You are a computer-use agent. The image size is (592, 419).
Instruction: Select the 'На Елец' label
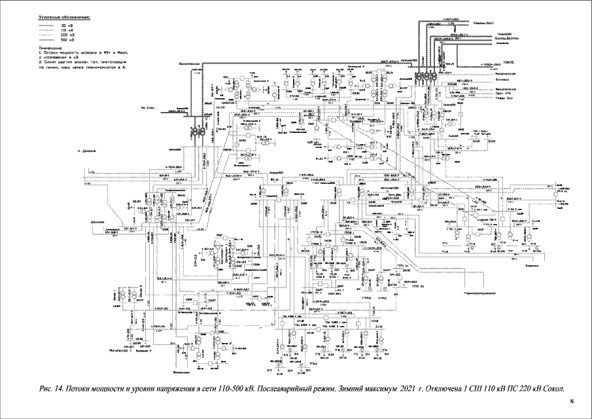point(146,106)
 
